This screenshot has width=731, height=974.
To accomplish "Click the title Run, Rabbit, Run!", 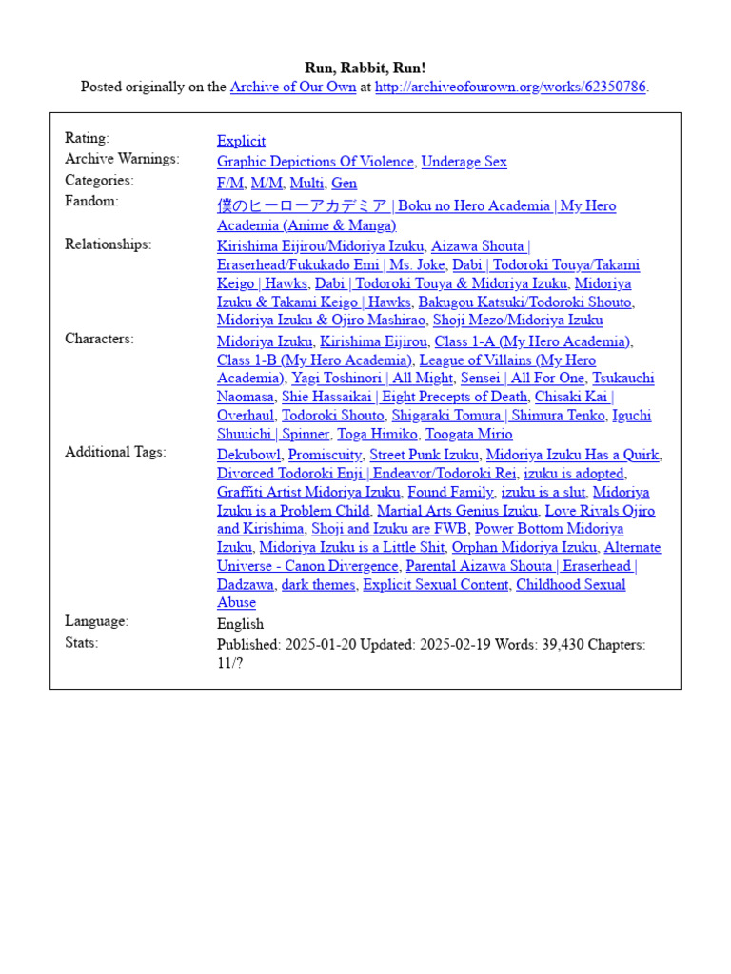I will (x=365, y=68).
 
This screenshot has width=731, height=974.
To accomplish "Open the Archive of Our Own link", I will (x=293, y=88).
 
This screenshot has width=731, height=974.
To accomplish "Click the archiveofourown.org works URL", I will (x=510, y=88).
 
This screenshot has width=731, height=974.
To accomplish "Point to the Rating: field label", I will (x=87, y=139).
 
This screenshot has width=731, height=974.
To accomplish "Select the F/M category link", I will (x=230, y=184).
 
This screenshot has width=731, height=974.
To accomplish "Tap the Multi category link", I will (x=306, y=184).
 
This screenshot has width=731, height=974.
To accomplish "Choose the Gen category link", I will (x=344, y=184).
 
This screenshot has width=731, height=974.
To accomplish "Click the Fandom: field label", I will (x=91, y=202).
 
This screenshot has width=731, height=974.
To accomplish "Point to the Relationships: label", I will (x=108, y=244).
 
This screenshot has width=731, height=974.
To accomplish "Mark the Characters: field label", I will (x=99, y=339).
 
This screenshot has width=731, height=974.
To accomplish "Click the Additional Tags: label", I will (x=115, y=452).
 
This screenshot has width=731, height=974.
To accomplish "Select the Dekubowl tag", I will (x=248, y=456).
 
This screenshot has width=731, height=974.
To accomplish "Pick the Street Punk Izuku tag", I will (x=424, y=456).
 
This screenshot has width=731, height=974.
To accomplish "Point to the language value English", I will (x=240, y=624).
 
